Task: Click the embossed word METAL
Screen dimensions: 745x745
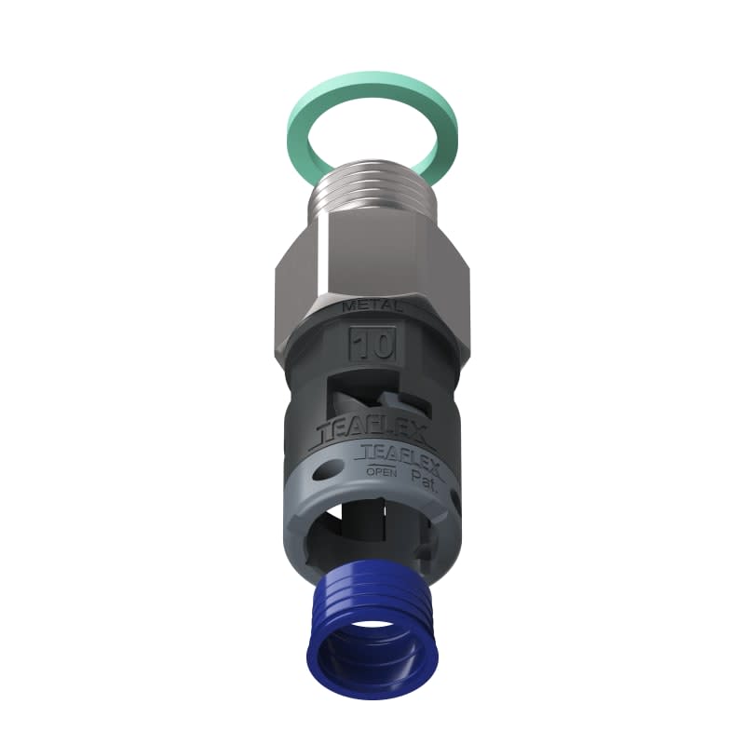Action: [372, 305]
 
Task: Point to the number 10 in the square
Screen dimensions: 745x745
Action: [372, 345]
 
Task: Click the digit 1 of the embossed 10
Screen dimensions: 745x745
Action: [361, 345]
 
